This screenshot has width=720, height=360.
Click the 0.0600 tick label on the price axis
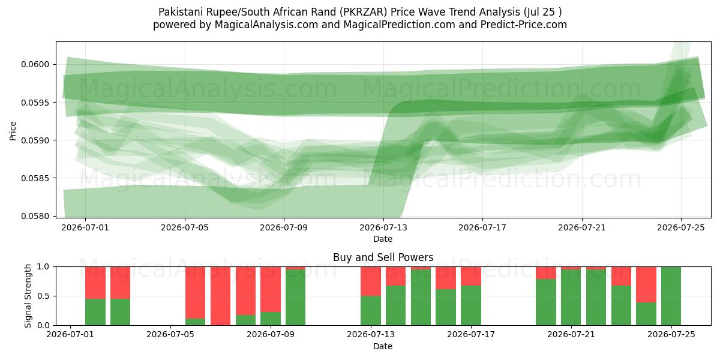[x=35, y=64]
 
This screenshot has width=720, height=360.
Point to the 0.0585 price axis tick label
[x=35, y=178]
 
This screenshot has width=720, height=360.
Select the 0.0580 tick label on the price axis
[x=35, y=216]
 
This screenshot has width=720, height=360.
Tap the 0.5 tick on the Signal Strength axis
[x=43, y=296]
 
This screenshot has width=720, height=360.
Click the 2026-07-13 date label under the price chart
[x=383, y=228]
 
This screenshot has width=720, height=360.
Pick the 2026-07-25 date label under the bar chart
[x=671, y=335]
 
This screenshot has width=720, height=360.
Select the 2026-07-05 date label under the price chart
[x=185, y=228]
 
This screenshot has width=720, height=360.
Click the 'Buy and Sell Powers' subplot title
[x=383, y=257]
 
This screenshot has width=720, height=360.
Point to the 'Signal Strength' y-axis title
[x=28, y=296]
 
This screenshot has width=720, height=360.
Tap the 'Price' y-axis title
[x=13, y=131]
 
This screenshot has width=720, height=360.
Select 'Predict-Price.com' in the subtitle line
[x=524, y=25]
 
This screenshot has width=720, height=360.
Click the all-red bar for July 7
[x=221, y=296]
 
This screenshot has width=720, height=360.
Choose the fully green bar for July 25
[x=671, y=296]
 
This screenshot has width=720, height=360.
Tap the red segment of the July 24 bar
[x=646, y=285]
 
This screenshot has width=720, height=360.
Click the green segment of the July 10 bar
[x=295, y=298]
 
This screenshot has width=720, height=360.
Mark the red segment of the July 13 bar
[x=371, y=281]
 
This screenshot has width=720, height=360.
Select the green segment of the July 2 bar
[x=95, y=312]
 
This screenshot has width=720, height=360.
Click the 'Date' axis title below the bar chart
[x=383, y=347]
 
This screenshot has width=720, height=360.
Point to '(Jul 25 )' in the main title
[x=543, y=12]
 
